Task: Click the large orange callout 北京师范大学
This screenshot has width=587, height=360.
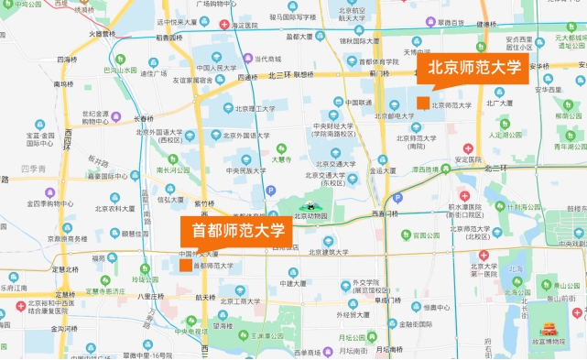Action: coord(476,68)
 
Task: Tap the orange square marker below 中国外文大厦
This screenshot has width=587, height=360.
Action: coord(186,266)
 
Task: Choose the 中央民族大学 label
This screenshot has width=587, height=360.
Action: coord(245,170)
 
